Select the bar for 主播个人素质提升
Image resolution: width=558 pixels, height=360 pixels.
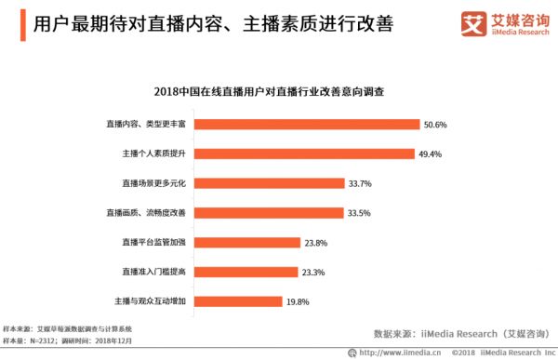pos(302,153)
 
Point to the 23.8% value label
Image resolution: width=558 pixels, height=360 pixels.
pos(316,242)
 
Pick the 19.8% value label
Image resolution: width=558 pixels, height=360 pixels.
pos(299,300)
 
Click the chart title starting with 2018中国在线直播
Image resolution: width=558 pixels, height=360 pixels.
pos(279,93)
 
